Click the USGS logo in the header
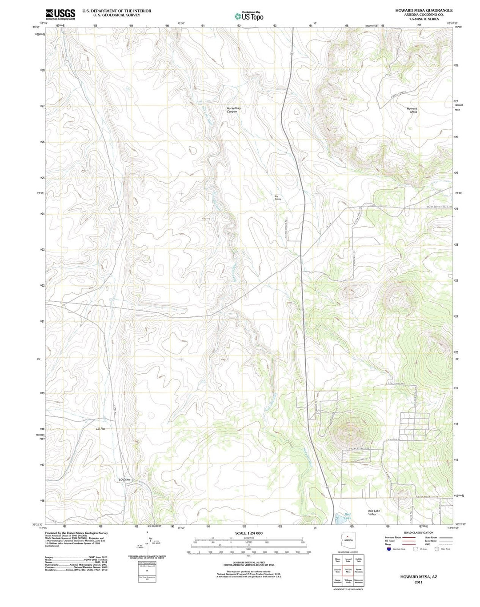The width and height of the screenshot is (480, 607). [60, 14]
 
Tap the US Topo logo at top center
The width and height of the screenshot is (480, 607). [249, 16]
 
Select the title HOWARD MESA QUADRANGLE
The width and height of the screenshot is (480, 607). [417, 10]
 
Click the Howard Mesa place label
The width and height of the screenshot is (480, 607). [412, 110]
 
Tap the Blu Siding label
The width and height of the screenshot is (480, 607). [278, 198]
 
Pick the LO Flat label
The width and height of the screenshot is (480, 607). [101, 429]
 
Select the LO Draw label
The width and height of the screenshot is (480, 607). [124, 479]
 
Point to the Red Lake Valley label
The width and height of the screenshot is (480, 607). [374, 512]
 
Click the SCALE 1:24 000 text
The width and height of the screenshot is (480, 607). [249, 533]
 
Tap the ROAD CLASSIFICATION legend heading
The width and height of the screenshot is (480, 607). [418, 532]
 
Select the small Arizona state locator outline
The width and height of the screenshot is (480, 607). [348, 539]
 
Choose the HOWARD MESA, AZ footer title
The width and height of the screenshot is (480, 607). [418, 576]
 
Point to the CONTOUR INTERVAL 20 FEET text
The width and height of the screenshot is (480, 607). [249, 562]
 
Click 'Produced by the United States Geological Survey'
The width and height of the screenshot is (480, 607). [76, 533]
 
